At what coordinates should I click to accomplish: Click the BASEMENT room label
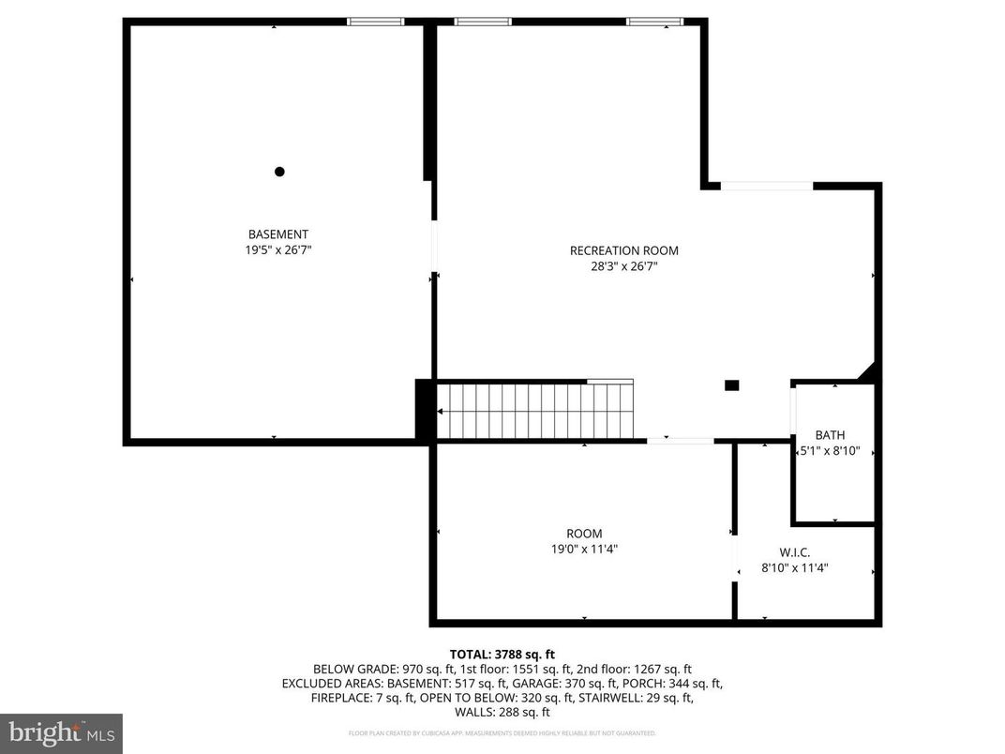(x=277, y=234)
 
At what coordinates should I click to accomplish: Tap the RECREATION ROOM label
(x=623, y=250)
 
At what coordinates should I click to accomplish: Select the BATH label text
(x=830, y=435)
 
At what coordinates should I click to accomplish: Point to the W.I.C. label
(x=794, y=551)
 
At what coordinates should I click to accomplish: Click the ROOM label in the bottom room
(x=584, y=534)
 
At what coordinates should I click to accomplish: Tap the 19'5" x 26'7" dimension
(x=277, y=250)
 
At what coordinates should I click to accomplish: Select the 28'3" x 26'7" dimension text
(x=623, y=266)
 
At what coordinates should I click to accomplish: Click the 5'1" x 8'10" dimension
(x=830, y=451)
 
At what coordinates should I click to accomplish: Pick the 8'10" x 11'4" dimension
(x=794, y=567)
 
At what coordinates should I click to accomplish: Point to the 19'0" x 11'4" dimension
(x=584, y=550)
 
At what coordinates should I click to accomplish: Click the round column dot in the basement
(x=279, y=172)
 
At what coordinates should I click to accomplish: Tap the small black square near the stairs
(x=732, y=385)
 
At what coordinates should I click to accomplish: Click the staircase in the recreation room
(x=534, y=410)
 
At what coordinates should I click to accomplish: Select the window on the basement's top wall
(x=375, y=21)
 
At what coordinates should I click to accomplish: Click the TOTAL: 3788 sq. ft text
(x=502, y=654)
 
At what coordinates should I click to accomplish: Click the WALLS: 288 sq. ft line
(x=502, y=713)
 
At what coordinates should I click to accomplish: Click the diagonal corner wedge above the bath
(x=869, y=373)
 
